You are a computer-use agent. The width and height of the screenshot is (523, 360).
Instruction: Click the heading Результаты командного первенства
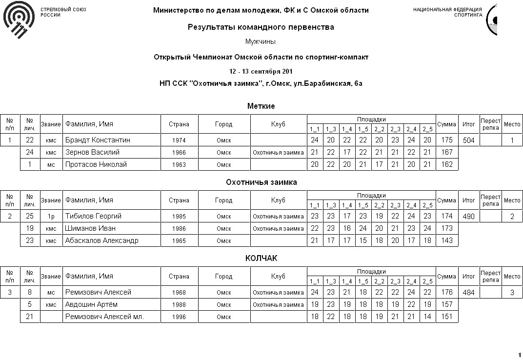[x=261, y=27]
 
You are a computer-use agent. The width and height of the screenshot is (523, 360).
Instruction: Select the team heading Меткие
[x=261, y=106]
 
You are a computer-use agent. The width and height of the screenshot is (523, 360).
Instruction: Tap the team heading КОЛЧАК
[x=261, y=259]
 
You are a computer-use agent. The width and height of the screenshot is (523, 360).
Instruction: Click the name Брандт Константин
[x=98, y=140]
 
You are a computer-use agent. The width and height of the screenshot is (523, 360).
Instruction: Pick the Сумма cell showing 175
[x=446, y=140]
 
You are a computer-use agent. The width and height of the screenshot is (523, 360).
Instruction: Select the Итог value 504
[x=468, y=140]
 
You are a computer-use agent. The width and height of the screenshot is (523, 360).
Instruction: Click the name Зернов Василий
[x=92, y=152]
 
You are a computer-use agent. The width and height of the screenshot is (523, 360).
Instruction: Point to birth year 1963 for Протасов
[x=179, y=165]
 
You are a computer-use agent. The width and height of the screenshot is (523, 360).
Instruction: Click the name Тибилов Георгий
[x=93, y=216]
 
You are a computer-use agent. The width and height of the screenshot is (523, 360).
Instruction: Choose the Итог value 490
[x=468, y=217]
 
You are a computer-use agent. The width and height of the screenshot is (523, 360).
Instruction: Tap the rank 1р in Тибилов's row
[x=51, y=217]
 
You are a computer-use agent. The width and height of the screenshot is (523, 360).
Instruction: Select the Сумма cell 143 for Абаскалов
[x=446, y=240]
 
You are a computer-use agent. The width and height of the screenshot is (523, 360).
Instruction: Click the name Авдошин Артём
[x=91, y=304]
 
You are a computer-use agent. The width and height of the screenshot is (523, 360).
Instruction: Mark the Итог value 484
[x=468, y=293]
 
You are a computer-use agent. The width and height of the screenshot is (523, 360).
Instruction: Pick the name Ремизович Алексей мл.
[x=104, y=317]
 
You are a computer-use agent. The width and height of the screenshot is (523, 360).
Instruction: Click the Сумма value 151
[x=446, y=317]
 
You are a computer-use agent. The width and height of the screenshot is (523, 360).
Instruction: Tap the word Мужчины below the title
[x=261, y=42]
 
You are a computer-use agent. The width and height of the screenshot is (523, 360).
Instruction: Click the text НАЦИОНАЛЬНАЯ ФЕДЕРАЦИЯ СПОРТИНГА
[x=447, y=12]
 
